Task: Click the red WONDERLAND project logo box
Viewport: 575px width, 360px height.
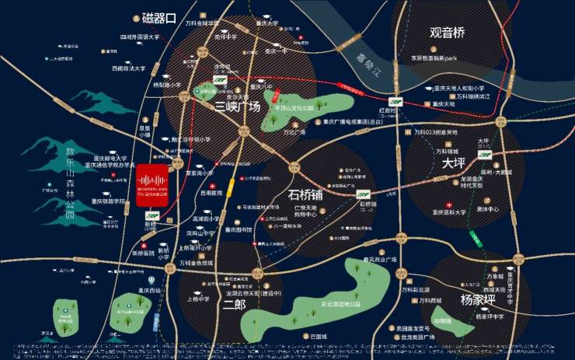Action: pyautogui.click(x=156, y=185)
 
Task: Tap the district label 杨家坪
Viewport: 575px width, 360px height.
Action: pyautogui.click(x=477, y=299)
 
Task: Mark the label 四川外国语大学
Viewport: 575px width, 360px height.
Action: pyautogui.click(x=139, y=37)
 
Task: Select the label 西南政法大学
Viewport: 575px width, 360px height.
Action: pyautogui.click(x=128, y=68)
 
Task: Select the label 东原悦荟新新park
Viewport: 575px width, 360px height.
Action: pyautogui.click(x=437, y=58)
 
